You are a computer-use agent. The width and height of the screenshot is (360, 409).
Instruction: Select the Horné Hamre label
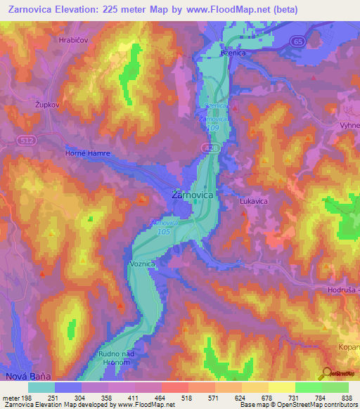coord(87,153)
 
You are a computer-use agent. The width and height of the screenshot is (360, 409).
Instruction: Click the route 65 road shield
coord(299,41)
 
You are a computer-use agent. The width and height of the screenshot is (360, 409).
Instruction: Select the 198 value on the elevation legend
coord(29,396)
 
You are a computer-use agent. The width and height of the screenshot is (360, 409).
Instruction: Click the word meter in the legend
coord(11,396)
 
